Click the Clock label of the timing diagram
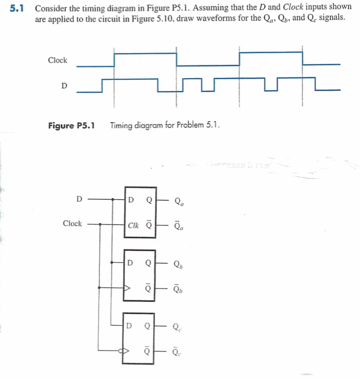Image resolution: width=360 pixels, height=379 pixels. pyautogui.click(x=57, y=60)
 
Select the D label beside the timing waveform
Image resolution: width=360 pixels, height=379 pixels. pyautogui.click(x=64, y=85)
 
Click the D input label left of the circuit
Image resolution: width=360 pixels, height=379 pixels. pyautogui.click(x=79, y=199)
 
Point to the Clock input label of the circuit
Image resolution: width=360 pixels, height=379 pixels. pyautogui.click(x=72, y=223)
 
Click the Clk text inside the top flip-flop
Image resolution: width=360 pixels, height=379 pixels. pyautogui.click(x=133, y=226)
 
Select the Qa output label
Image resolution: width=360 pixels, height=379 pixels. pyautogui.click(x=179, y=200)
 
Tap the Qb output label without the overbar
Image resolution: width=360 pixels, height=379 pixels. pyautogui.click(x=178, y=264)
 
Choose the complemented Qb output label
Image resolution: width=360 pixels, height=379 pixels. pyautogui.click(x=178, y=289)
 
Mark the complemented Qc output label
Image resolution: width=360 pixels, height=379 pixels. pyautogui.click(x=177, y=352)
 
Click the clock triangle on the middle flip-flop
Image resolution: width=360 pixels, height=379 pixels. pyautogui.click(x=127, y=289)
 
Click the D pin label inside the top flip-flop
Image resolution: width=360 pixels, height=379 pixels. pyautogui.click(x=131, y=199)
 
